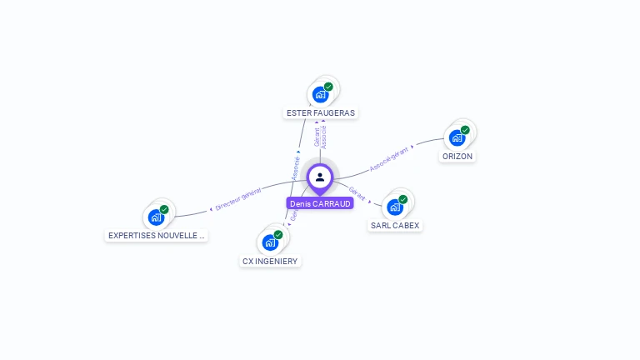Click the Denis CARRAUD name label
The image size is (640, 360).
320,203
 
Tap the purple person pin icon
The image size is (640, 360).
320,177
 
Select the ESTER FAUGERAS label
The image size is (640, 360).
321,112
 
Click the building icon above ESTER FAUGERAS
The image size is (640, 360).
321,94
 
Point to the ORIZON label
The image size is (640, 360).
457,156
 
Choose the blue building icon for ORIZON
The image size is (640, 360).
457,137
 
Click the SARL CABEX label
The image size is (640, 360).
395,225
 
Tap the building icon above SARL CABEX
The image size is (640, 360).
395,207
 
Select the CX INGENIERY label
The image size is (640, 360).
270,261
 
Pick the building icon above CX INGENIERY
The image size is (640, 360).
270,242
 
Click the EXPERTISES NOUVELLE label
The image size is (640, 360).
156,236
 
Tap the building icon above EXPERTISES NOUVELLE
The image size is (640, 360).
156,217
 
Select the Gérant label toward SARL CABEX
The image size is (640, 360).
357,192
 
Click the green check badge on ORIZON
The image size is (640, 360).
465,130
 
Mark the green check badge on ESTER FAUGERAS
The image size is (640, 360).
328,87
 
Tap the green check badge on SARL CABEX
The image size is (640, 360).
402,199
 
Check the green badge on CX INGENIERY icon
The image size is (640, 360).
278,235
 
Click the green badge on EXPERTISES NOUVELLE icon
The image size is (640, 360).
164,209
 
